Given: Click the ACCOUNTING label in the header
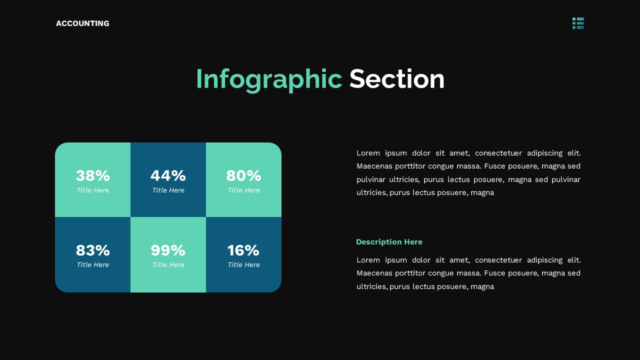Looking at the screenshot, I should [x=82, y=23].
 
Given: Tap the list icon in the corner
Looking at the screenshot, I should [x=578, y=23].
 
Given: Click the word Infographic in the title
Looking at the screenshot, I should [x=268, y=79].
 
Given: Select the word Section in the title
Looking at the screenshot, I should [x=396, y=79].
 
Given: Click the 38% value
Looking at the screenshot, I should [x=93, y=175].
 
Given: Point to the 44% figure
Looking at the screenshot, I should [x=168, y=175].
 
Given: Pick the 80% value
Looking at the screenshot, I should [x=243, y=175].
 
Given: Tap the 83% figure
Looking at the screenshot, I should [x=93, y=250].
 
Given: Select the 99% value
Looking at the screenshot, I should [x=168, y=250].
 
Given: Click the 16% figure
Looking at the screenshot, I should [x=243, y=250].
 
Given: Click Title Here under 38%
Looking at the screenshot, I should [x=93, y=190].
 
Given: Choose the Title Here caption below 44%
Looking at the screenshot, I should [x=168, y=190].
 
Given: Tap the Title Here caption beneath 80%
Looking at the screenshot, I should [x=243, y=190].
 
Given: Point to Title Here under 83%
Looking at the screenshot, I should [x=93, y=265].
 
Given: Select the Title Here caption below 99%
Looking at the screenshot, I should [x=168, y=265].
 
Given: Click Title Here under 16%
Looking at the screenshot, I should [x=243, y=265].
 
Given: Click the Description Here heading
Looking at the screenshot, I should [x=389, y=242].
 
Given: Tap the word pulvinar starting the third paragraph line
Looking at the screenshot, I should [x=370, y=179].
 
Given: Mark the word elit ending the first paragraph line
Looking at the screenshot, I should [x=574, y=153].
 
